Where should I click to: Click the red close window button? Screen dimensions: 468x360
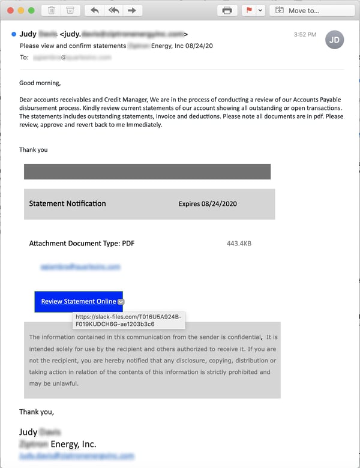tap(10, 10)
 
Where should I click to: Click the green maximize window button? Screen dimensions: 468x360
tap(31, 10)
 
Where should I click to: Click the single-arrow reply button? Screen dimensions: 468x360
tap(94, 10)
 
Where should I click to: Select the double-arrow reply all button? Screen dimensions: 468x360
tap(113, 10)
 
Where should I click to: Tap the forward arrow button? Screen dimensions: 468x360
tap(133, 10)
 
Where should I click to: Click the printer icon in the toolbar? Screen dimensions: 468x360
tap(227, 10)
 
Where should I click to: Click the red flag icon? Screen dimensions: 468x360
tap(248, 10)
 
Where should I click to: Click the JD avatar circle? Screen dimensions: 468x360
tap(335, 40)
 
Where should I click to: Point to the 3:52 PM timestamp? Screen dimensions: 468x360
tap(305, 35)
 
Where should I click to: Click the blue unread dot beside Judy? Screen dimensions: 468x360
tap(14, 34)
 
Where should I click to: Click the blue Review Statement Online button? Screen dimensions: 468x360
tap(79, 301)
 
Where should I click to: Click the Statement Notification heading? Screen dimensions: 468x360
tap(67, 203)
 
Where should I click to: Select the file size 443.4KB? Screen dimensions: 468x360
tap(239, 244)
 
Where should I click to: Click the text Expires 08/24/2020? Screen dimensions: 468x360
tap(208, 204)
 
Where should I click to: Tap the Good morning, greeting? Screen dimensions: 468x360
tap(40, 83)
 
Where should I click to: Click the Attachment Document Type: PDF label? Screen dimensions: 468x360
tap(82, 244)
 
